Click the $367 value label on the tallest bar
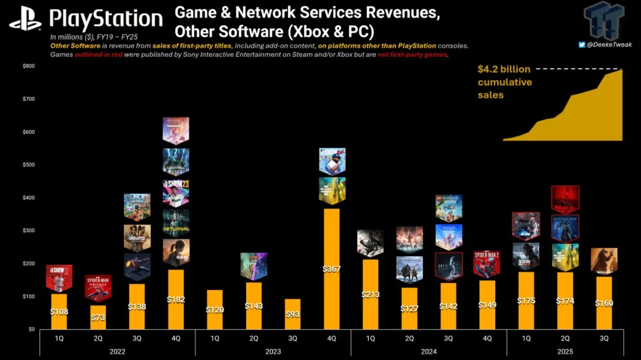[331, 269]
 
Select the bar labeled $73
[98, 316]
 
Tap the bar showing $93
[292, 314]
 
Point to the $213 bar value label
[370, 294]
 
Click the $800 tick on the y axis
[29, 66]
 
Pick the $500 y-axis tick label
[29, 165]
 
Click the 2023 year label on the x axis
[272, 352]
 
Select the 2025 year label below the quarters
[565, 352]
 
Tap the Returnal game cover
[176, 222]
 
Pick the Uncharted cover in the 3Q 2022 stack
[136, 237]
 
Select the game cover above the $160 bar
[603, 260]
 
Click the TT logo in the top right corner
[604, 20]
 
